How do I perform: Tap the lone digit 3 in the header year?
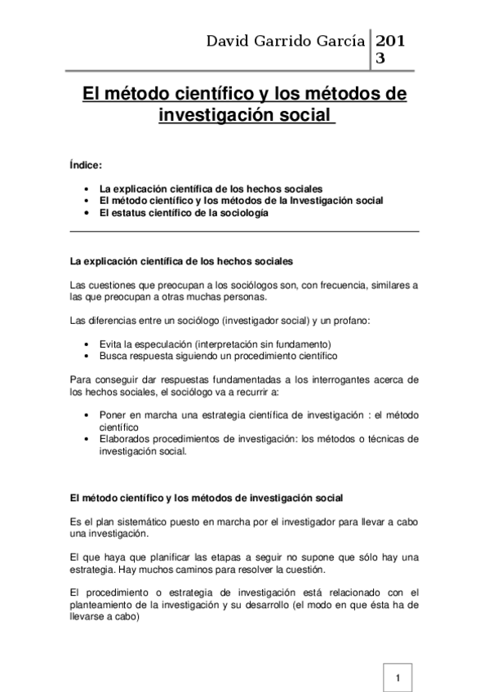(x=380, y=59)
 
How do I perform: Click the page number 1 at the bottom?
(x=397, y=678)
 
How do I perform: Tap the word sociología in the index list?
(x=241, y=213)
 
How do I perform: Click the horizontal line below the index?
(x=245, y=233)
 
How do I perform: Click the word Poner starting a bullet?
(x=113, y=415)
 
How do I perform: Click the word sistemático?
(x=135, y=521)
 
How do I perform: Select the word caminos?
(x=233, y=569)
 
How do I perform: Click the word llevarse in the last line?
(x=90, y=617)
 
